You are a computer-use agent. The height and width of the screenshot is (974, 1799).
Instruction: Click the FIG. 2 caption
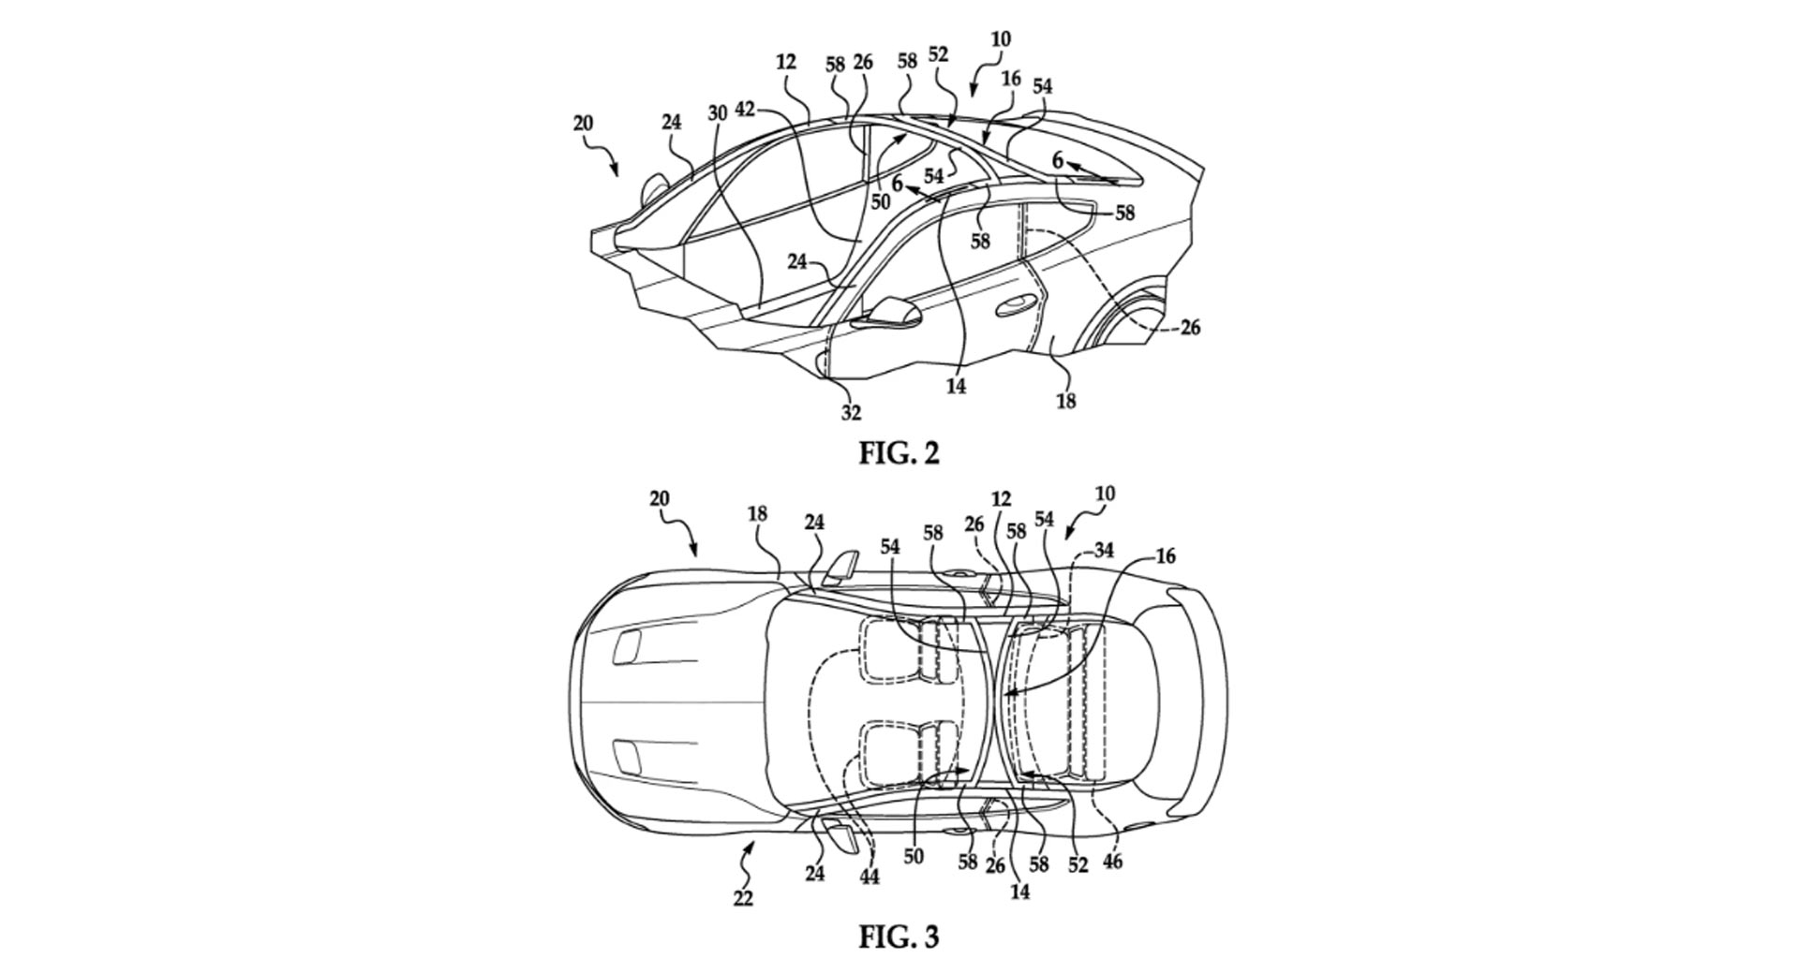point(899,453)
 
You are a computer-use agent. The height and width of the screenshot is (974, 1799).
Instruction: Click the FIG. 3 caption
point(899,937)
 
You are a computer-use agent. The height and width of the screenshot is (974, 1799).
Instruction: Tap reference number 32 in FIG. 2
point(850,411)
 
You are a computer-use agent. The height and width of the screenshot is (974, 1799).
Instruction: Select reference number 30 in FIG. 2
point(717,113)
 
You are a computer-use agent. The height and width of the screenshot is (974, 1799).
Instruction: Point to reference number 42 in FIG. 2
point(745,110)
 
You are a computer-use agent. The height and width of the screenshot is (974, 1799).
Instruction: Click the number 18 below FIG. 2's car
point(1065,401)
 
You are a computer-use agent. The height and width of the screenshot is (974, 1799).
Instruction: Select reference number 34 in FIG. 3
point(1104,551)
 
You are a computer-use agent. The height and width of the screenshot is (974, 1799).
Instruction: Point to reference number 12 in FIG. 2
point(785,63)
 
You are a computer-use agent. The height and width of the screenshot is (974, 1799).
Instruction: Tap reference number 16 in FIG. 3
point(1165,556)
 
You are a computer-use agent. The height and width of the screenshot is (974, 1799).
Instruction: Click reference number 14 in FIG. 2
point(956,384)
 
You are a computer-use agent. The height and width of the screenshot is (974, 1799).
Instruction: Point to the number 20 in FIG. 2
point(584,124)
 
